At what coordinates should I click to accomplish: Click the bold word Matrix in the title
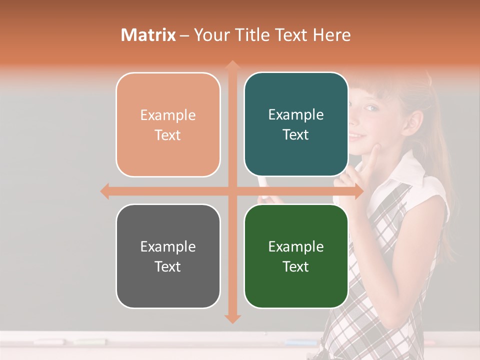(x=148, y=35)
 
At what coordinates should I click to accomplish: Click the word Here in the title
(x=331, y=35)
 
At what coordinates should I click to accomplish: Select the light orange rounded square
(x=168, y=124)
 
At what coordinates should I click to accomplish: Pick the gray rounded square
(x=168, y=256)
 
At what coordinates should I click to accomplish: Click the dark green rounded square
(x=296, y=256)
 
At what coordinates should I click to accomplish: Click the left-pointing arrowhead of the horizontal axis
(x=105, y=191)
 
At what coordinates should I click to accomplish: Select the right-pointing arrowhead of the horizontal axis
(x=358, y=191)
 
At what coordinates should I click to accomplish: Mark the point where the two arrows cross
(x=232, y=191)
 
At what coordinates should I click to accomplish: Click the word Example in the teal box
(x=296, y=114)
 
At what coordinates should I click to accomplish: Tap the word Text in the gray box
(x=167, y=266)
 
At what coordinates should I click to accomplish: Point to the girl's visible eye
(x=370, y=108)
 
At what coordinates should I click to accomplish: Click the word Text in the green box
(x=296, y=266)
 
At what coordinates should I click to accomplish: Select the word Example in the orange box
(x=168, y=115)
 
